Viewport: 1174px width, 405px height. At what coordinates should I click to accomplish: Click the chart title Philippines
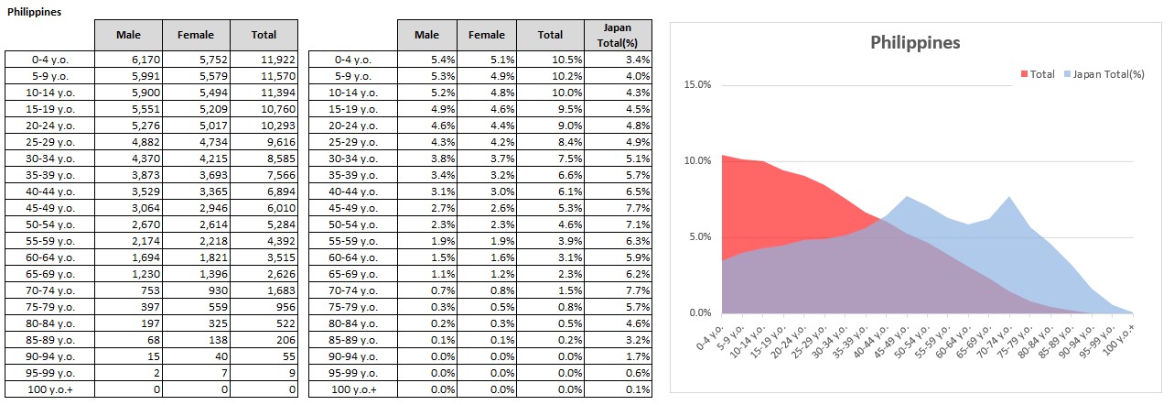(914, 42)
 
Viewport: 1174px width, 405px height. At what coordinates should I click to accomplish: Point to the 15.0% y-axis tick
(697, 85)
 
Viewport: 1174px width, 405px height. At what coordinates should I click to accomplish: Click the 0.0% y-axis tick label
(699, 313)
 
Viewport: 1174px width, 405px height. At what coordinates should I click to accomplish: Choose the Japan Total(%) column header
(618, 35)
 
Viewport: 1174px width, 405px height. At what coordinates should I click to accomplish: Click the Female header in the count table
(196, 35)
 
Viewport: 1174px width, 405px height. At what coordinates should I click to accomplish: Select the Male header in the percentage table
(426, 35)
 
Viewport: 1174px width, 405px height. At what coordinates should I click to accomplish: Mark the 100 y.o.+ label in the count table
(50, 389)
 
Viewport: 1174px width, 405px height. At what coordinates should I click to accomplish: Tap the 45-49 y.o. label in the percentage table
(354, 207)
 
